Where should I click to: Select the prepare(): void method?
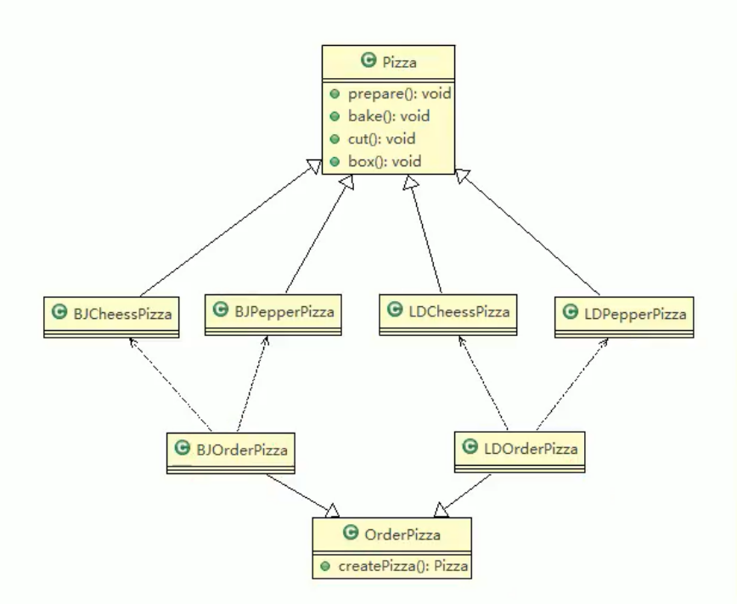387,93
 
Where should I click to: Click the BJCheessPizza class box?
111,315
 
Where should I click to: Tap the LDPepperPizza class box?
625,314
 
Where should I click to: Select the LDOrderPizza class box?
520,446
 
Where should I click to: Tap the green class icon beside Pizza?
368,60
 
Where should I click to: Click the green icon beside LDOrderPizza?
470,445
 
